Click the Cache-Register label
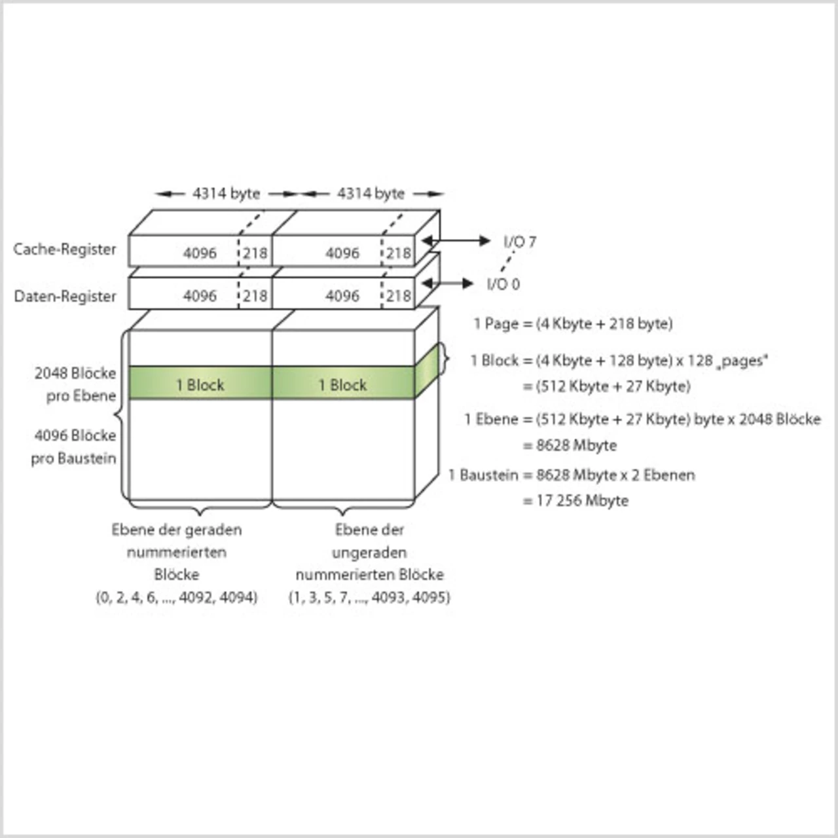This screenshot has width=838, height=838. point(65,249)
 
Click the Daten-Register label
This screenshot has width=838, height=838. point(65,297)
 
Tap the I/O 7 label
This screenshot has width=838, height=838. point(520,242)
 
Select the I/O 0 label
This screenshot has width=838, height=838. point(503,284)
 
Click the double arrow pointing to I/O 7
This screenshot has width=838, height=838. point(456,241)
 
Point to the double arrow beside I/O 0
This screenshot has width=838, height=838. point(448,283)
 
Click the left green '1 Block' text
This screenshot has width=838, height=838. point(200,385)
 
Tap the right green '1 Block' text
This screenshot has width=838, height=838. point(342,385)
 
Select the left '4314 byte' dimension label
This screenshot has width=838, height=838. point(226,194)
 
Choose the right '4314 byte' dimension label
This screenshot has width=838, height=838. point(371,194)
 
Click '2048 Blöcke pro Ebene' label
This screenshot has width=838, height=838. point(76,384)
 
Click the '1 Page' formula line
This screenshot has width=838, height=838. point(573,323)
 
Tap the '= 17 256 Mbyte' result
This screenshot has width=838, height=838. point(576,501)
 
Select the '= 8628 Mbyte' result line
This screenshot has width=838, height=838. point(570,445)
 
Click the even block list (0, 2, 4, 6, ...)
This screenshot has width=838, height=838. point(177,597)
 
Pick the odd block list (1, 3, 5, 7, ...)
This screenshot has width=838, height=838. point(369,597)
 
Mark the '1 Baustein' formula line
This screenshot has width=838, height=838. point(572,475)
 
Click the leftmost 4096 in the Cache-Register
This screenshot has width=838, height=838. point(200,253)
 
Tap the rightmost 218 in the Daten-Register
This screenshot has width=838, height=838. point(398,297)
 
